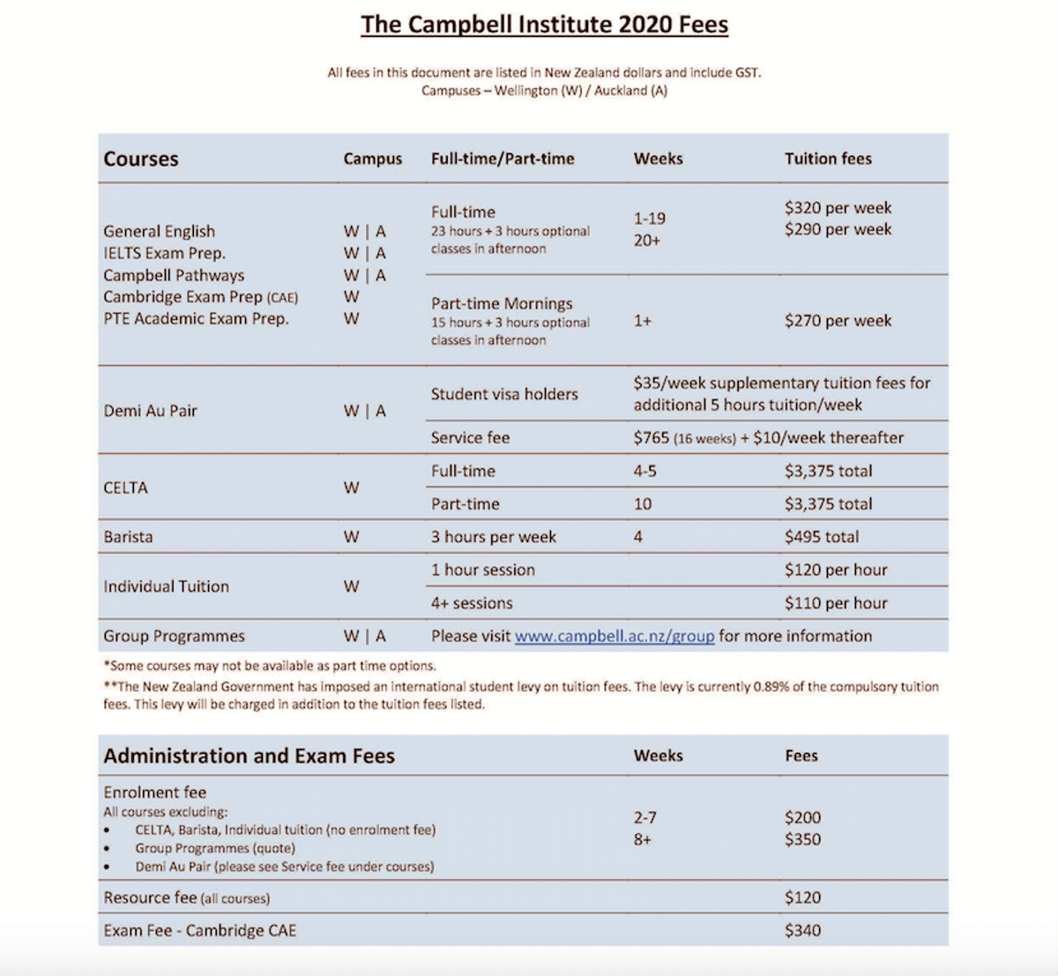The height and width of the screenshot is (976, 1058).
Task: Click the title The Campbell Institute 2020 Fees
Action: [544, 24]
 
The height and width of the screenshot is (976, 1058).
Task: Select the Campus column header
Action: [372, 159]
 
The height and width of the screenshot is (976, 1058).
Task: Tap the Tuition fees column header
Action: [828, 159]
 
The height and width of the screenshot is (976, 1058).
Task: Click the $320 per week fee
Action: [838, 208]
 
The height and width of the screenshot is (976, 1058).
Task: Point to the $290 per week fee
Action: [838, 229]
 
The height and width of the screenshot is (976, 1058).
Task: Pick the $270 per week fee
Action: [838, 321]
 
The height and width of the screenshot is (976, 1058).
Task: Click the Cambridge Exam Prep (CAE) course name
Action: [200, 297]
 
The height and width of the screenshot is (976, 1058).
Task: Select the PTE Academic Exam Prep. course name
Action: [196, 318]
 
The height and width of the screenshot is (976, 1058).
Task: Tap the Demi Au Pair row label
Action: [150, 411]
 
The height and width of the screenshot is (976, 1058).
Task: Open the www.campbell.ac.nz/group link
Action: [615, 637]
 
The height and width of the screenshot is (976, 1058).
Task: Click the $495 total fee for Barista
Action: [821, 537]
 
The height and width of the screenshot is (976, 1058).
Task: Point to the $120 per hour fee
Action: [836, 570]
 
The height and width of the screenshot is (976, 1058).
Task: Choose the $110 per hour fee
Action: [836, 604]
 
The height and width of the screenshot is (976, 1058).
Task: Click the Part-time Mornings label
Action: [502, 303]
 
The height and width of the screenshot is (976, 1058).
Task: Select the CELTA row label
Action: [125, 488]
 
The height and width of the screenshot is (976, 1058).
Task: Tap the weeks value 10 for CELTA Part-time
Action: [643, 504]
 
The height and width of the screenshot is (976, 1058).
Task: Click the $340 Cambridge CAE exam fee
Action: [802, 930]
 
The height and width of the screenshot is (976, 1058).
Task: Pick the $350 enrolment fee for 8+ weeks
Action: [802, 839]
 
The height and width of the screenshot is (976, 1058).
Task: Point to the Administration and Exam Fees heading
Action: [249, 756]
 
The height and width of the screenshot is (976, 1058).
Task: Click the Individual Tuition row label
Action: [166, 586]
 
